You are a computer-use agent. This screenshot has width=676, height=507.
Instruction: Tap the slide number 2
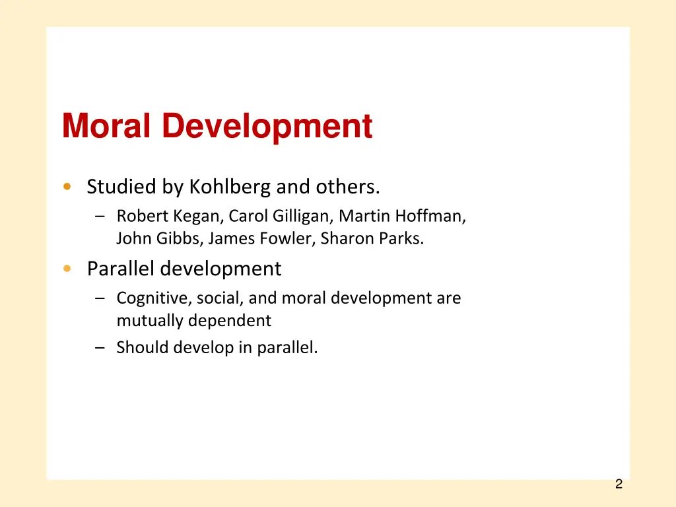[619, 485]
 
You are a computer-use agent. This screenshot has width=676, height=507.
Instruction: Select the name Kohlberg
[230, 187]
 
